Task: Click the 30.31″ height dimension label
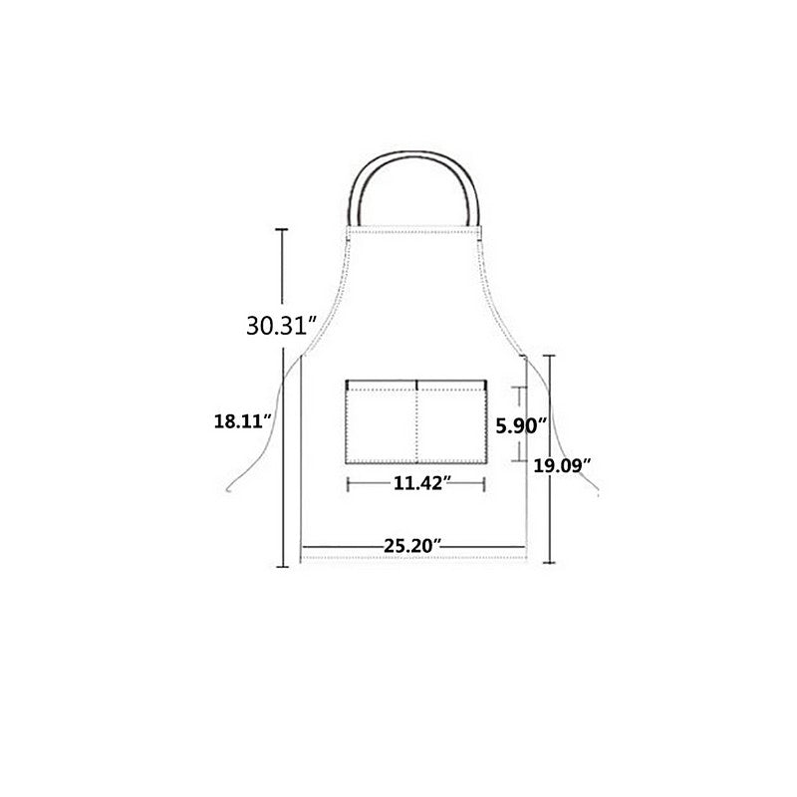(282, 326)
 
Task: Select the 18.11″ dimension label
(243, 421)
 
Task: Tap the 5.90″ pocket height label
(521, 426)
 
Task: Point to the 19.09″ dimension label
(562, 465)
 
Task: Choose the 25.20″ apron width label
(412, 546)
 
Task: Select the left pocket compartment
(382, 421)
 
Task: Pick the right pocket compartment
(452, 421)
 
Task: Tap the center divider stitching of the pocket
(416, 421)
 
